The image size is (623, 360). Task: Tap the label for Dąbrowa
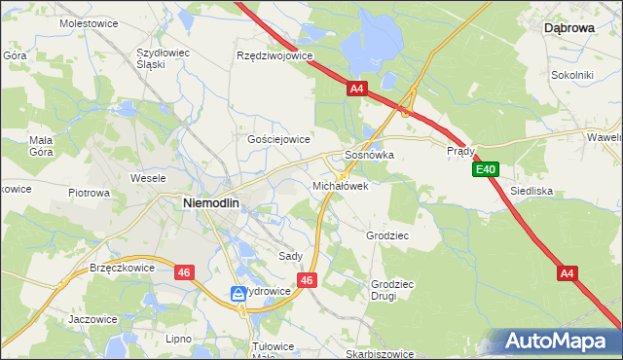pyautogui.click(x=568, y=29)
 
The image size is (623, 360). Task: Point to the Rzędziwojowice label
pyautogui.click(x=275, y=55)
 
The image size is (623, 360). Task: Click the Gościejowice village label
pyautogui.click(x=278, y=139)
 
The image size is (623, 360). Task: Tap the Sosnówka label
pyautogui.click(x=370, y=155)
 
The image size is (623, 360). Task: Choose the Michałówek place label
pyautogui.click(x=340, y=185)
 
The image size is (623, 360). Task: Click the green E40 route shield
pyautogui.click(x=487, y=170)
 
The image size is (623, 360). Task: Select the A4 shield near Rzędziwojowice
pyautogui.click(x=356, y=89)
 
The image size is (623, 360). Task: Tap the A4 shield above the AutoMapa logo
pyautogui.click(x=568, y=274)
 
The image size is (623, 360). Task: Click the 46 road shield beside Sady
pyautogui.click(x=307, y=280)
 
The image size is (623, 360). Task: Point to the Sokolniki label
pyautogui.click(x=572, y=74)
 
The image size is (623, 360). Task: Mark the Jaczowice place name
pyautogui.click(x=93, y=318)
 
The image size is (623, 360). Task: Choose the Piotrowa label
pyautogui.click(x=89, y=193)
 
